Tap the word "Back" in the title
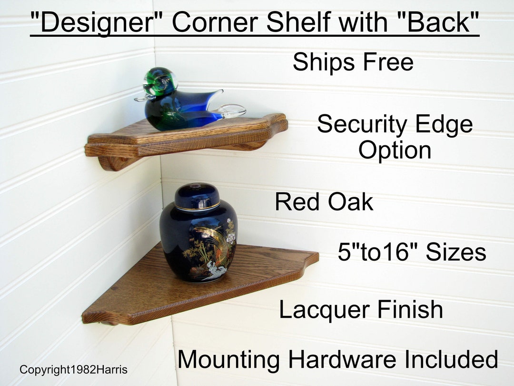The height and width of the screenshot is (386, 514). [x=440, y=23]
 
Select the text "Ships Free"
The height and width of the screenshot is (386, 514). [x=353, y=62]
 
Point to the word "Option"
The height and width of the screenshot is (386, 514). [x=395, y=150]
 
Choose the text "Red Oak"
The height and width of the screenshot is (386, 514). [x=324, y=202]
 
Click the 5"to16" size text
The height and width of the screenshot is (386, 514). [x=412, y=253]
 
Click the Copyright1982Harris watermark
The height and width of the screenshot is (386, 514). [x=73, y=369]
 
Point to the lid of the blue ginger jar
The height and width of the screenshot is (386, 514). [x=197, y=196]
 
